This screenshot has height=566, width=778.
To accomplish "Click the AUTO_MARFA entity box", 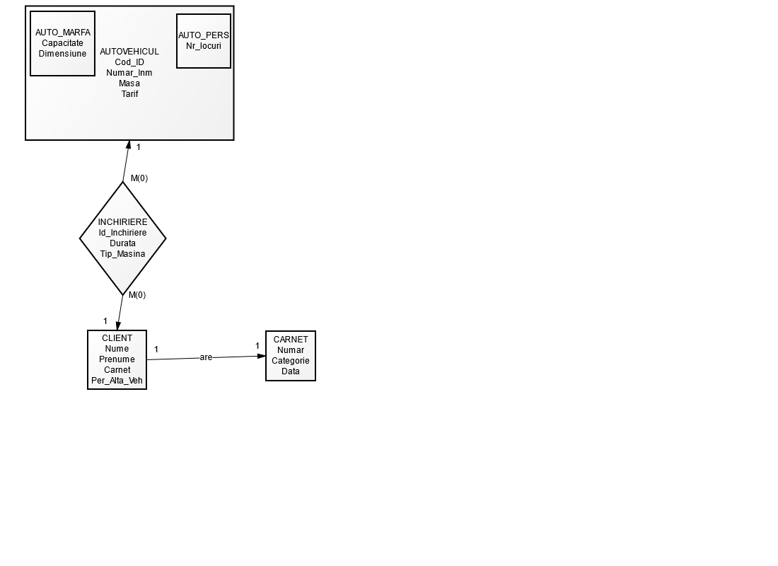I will click(x=63, y=43).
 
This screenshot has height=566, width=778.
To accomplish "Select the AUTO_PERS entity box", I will click(x=204, y=41).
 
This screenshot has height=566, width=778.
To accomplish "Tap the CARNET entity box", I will click(x=291, y=356).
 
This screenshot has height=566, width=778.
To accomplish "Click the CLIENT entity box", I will click(x=117, y=359).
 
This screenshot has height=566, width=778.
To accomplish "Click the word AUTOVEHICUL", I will click(x=129, y=52).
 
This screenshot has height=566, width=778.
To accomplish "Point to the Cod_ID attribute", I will click(x=129, y=62).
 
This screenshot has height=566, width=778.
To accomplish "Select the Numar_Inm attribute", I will click(x=129, y=73).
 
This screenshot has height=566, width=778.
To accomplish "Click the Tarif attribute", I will click(x=129, y=94).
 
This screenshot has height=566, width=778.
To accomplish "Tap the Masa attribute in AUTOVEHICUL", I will click(x=129, y=83).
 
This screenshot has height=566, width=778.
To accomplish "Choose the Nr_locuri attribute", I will click(x=204, y=45).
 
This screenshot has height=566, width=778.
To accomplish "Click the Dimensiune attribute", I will click(x=62, y=54).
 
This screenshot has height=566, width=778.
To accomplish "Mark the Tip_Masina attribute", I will click(x=122, y=254).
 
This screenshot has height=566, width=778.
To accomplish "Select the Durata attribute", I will click(x=122, y=243).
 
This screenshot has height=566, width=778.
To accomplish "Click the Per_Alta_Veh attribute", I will click(x=117, y=381).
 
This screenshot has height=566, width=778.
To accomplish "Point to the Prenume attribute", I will click(x=117, y=359).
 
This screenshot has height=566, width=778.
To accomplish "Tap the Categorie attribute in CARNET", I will click(x=291, y=361).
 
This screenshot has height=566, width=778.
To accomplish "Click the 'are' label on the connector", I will click(x=206, y=357).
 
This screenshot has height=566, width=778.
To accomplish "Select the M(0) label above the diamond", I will click(x=139, y=178).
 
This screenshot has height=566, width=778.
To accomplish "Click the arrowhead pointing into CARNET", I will click(x=261, y=356).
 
